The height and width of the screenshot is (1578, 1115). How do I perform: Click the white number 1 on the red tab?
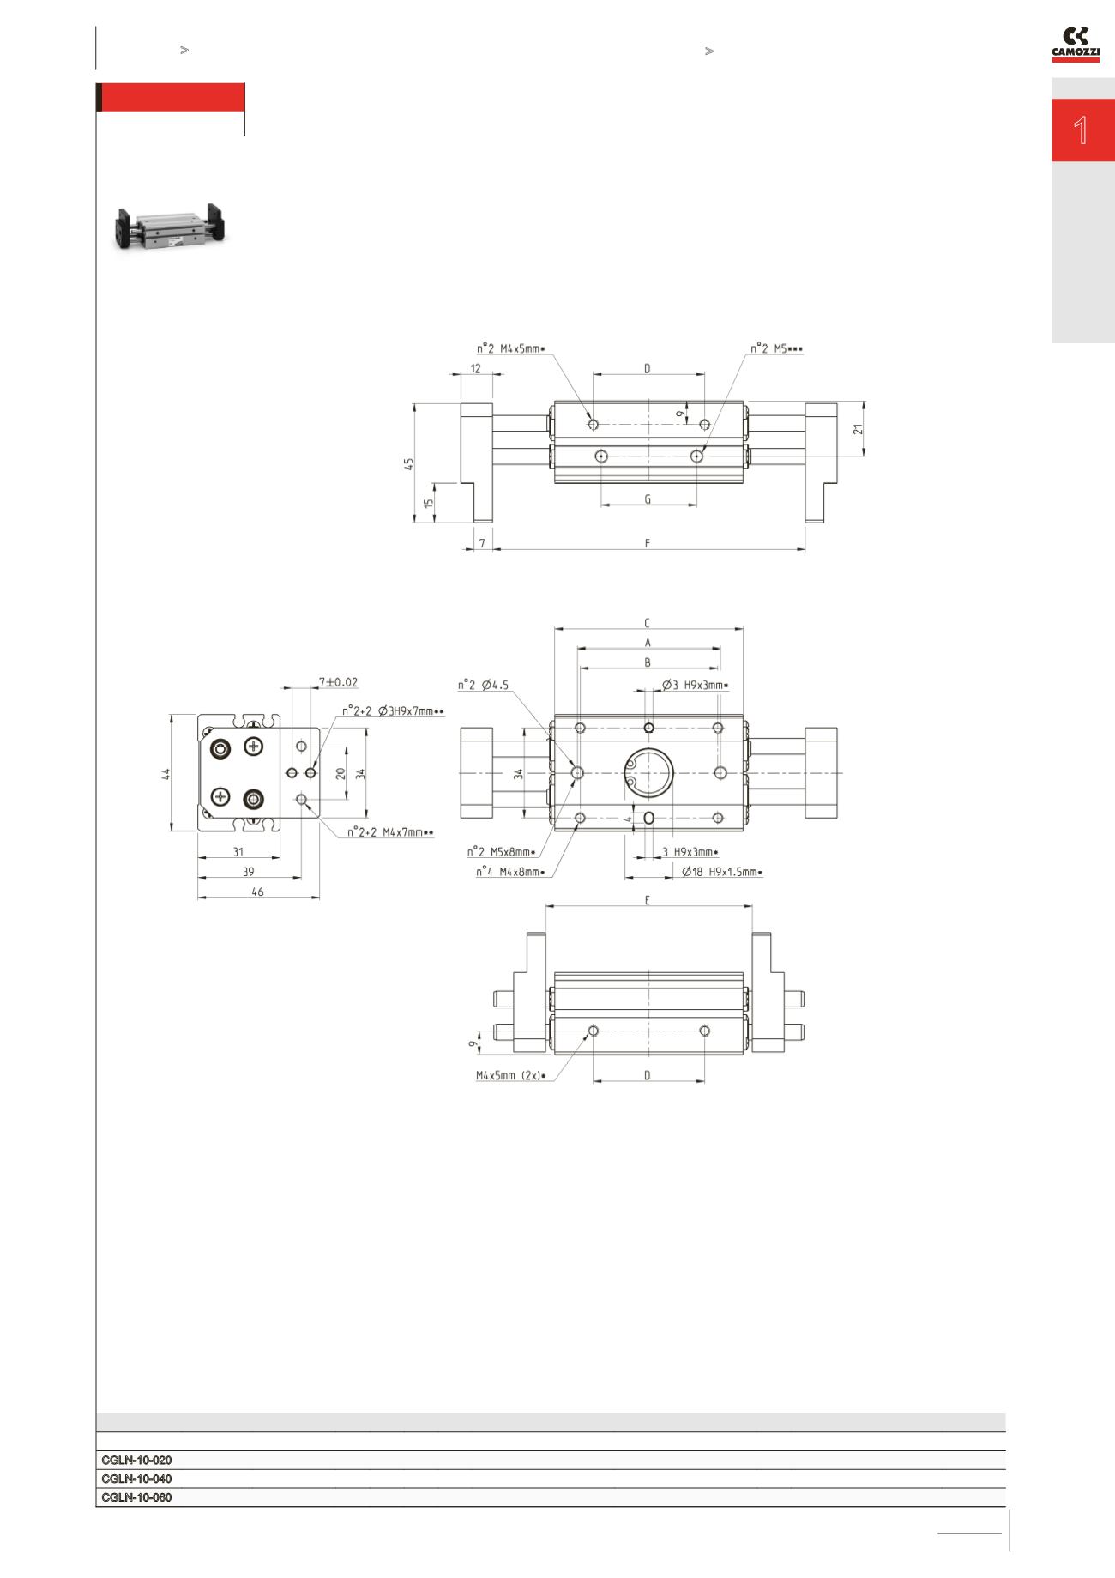pyautogui.click(x=1081, y=130)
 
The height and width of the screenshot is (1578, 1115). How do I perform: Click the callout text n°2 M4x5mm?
pyautogui.click(x=511, y=348)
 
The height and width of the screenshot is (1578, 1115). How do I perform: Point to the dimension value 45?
pyautogui.click(x=410, y=463)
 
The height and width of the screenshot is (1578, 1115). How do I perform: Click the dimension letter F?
pyautogui.click(x=648, y=542)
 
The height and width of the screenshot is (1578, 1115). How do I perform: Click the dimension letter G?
pyautogui.click(x=648, y=499)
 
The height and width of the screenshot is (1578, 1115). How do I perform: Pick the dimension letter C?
pyautogui.click(x=648, y=622)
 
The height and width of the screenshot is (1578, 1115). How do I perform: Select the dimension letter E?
pyautogui.click(x=648, y=900)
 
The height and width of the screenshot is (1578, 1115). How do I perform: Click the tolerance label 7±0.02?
pyautogui.click(x=338, y=682)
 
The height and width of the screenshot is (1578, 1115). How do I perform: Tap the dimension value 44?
pyautogui.click(x=166, y=773)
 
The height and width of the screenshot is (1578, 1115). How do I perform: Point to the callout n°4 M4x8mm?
pyautogui.click(x=511, y=872)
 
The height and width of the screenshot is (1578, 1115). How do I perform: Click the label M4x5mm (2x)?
pyautogui.click(x=511, y=1074)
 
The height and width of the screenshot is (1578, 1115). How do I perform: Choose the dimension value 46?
pyautogui.click(x=257, y=892)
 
